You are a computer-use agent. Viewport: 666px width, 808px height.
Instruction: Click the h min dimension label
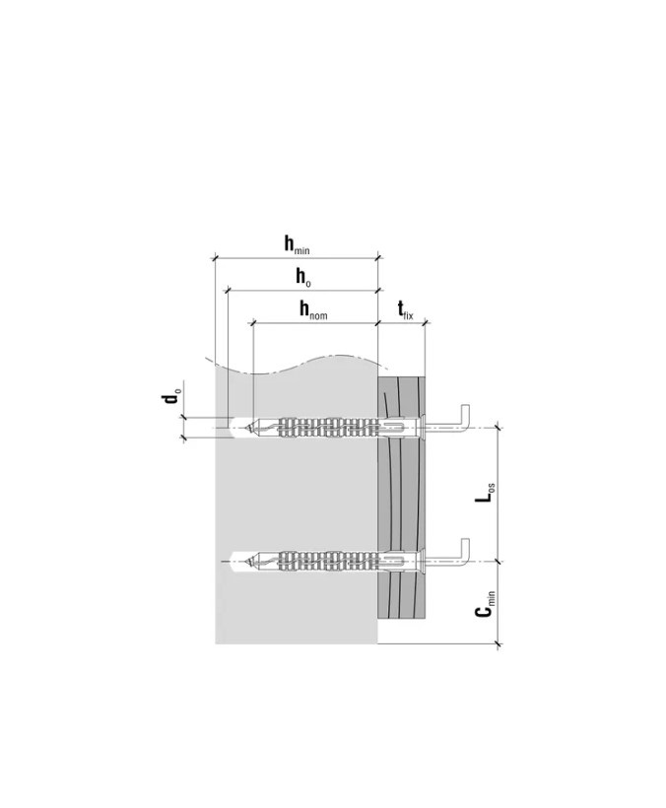click(298, 244)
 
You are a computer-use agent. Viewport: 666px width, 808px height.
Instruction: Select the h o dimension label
click(302, 277)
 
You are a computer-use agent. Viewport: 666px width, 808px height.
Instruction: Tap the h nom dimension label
click(313, 310)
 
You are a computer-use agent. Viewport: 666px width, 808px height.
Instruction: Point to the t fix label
click(405, 310)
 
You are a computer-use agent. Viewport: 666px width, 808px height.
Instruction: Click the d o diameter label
click(170, 397)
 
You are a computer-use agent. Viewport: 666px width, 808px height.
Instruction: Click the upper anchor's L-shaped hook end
click(465, 416)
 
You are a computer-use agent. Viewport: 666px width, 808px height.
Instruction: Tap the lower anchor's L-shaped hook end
click(465, 550)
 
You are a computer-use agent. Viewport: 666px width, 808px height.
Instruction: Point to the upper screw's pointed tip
click(247, 428)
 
